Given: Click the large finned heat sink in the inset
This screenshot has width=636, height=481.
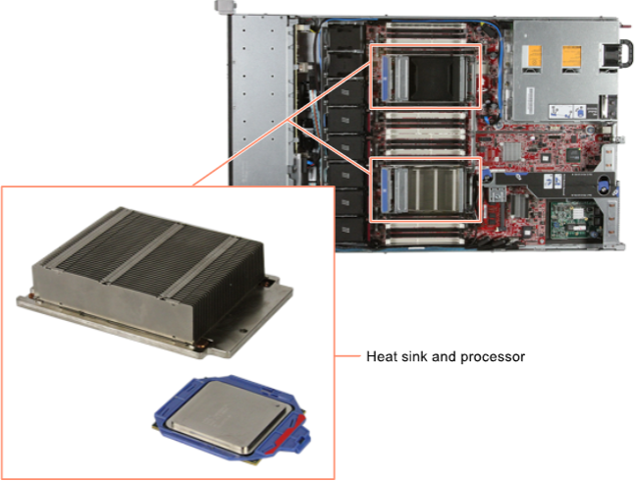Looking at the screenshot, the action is (x=154, y=282).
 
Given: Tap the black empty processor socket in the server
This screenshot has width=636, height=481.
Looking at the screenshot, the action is (x=435, y=77).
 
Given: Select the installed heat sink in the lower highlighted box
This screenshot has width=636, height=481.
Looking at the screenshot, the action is (x=435, y=189).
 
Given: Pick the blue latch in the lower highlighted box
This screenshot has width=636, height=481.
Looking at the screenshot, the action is (x=386, y=190).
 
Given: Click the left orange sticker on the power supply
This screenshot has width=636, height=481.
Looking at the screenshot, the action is (x=531, y=56).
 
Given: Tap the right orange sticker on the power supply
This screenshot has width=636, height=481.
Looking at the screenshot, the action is (x=571, y=56).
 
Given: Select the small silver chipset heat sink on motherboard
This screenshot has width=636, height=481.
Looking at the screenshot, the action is (x=511, y=152).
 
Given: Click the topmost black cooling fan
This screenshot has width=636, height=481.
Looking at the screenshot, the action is (x=345, y=36).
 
